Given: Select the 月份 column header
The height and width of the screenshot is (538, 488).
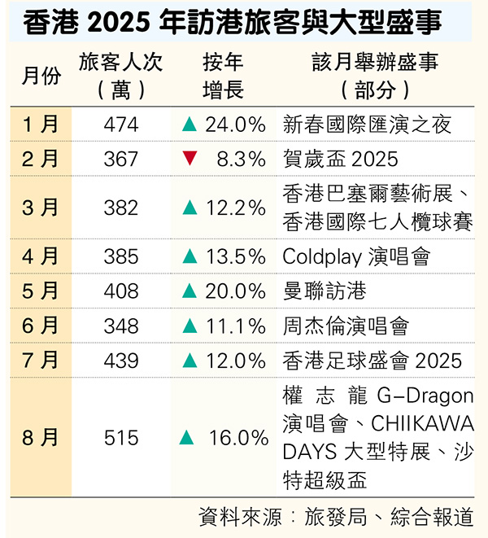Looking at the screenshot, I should point(41,77).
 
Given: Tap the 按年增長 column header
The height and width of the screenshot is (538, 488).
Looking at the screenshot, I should point(223,77).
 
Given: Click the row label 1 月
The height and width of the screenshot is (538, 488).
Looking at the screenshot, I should point(41,125).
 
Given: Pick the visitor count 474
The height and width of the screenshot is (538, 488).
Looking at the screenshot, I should point(121,125).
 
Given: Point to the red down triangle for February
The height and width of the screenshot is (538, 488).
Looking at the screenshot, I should point(190,159).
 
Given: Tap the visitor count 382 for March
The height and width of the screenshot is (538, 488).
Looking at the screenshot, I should point(121,208).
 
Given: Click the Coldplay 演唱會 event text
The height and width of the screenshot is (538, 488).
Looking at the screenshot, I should point(356,256).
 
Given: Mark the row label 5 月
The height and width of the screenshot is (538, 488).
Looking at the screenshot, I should point(41,291).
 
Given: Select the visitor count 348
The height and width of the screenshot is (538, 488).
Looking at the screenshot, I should point(121,326).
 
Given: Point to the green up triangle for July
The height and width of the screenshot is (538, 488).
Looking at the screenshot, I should point(190,360).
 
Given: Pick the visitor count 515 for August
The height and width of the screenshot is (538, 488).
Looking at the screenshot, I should point(121,438).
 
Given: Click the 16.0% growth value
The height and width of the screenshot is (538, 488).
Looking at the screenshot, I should point(238,438).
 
